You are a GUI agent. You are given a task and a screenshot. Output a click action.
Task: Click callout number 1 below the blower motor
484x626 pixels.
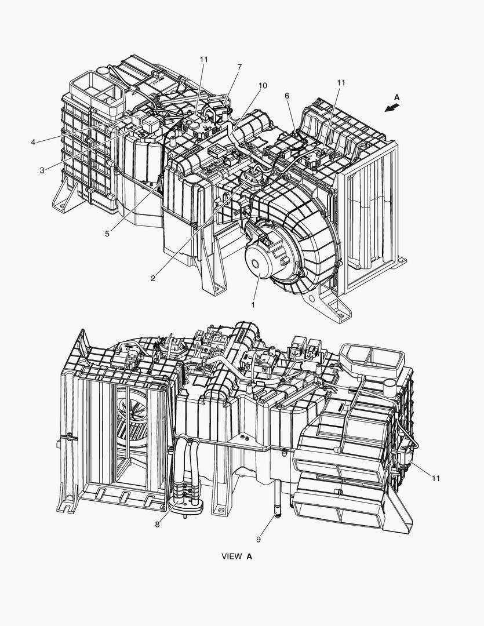point(253,305)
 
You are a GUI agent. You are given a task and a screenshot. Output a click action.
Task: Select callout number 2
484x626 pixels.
point(153,279)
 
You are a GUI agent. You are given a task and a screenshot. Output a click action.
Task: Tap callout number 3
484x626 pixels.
point(42,170)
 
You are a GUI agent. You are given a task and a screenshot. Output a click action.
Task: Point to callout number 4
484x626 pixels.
point(33,142)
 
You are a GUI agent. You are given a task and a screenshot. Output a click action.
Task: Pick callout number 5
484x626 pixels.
point(107,234)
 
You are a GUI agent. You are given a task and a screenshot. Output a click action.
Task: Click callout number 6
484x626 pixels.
point(287,96)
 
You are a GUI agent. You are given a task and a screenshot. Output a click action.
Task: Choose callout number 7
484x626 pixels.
point(239,67)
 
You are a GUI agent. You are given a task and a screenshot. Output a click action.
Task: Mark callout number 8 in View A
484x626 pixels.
point(157,524)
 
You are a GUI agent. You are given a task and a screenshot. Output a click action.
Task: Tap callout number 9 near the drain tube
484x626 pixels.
point(259,540)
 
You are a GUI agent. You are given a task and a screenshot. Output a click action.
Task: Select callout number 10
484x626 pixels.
point(263,85)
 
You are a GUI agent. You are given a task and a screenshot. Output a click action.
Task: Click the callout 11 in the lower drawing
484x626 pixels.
point(436,478)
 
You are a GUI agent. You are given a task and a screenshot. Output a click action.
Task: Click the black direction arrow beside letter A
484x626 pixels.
point(392,108)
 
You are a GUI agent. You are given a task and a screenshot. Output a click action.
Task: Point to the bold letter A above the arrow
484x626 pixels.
point(396,97)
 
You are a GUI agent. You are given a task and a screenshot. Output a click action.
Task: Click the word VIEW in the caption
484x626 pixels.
point(232,556)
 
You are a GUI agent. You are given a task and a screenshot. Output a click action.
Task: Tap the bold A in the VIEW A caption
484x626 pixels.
point(249,556)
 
